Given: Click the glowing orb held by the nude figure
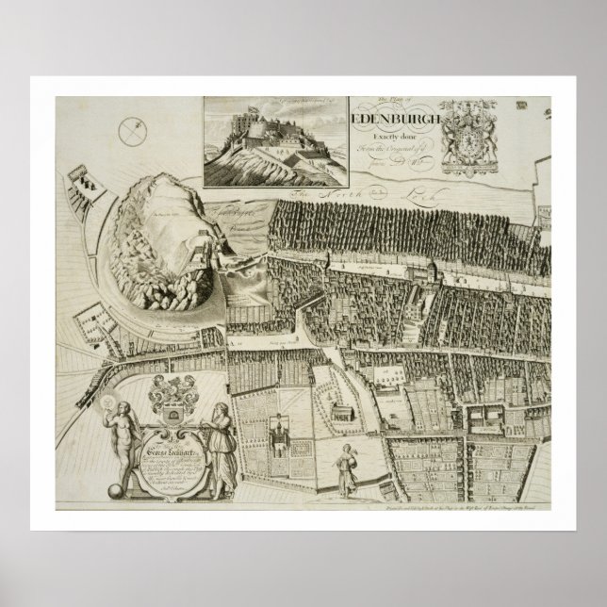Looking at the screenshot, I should click(121, 406).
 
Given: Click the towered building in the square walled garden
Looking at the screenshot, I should click(280, 435).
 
